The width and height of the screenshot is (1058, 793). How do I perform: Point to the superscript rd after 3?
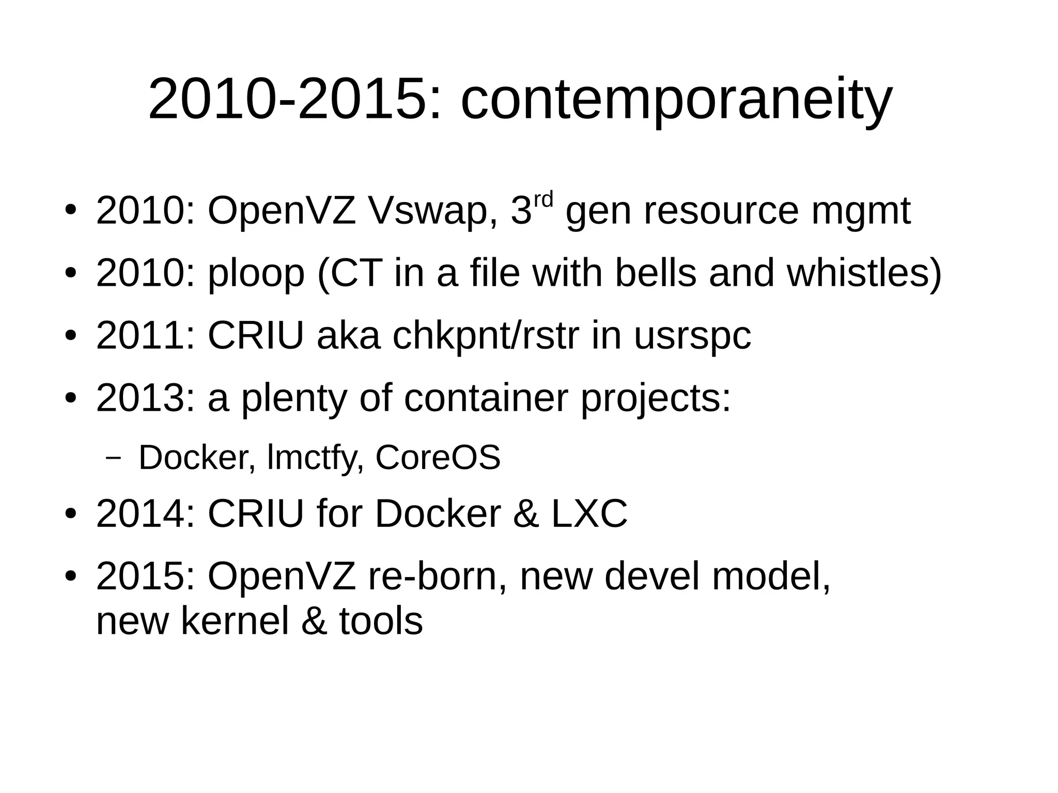(x=543, y=199)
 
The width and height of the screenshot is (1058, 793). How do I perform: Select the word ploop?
(x=256, y=273)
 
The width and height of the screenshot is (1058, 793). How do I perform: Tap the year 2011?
(x=141, y=335)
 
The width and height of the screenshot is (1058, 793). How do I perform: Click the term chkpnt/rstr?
(x=486, y=335)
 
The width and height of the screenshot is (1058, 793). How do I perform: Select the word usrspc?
(x=692, y=336)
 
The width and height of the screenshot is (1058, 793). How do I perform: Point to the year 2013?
(x=141, y=398)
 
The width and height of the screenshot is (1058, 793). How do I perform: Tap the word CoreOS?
(x=438, y=457)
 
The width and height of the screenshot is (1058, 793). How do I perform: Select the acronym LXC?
(x=589, y=514)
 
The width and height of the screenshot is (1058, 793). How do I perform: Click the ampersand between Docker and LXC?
(x=525, y=514)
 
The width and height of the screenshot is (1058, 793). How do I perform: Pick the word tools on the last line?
(x=381, y=620)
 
